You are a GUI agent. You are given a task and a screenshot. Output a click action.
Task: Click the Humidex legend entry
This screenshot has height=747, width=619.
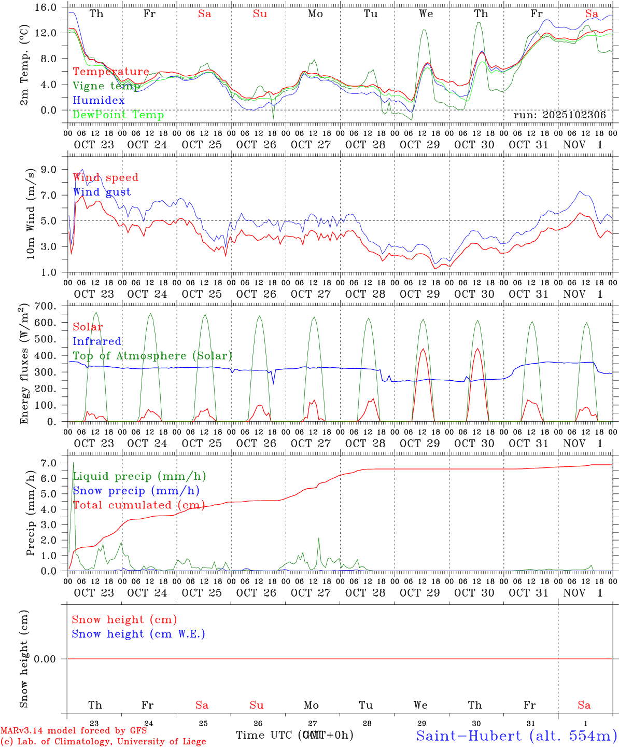99,101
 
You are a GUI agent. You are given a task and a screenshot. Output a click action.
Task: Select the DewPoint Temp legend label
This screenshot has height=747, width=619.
118,115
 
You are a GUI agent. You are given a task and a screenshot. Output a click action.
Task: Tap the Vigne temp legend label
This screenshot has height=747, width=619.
106,86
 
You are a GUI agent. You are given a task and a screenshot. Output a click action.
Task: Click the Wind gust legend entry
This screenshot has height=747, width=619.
102,192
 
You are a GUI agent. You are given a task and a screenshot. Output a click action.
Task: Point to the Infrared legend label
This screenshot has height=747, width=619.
97,341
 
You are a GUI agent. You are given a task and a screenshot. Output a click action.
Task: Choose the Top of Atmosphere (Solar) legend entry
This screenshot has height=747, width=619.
152,356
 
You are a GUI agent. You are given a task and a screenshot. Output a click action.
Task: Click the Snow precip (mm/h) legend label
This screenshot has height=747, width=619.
136,491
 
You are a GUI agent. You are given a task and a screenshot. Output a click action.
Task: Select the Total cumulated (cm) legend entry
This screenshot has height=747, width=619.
138,505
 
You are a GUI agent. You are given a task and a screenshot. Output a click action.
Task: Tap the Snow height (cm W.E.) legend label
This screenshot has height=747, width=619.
138,634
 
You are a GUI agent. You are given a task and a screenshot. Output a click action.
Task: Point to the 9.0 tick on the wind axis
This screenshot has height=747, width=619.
52,170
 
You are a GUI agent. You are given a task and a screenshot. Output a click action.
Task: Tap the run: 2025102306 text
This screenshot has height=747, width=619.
559,115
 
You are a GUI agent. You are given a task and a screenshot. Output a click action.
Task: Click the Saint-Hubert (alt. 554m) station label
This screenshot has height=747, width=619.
516,736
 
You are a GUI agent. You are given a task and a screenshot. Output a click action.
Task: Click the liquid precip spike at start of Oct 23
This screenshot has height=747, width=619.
74,463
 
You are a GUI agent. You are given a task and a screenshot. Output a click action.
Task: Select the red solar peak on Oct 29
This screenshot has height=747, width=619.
423,349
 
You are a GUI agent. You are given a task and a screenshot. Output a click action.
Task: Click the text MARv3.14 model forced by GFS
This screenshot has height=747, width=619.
74,730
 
